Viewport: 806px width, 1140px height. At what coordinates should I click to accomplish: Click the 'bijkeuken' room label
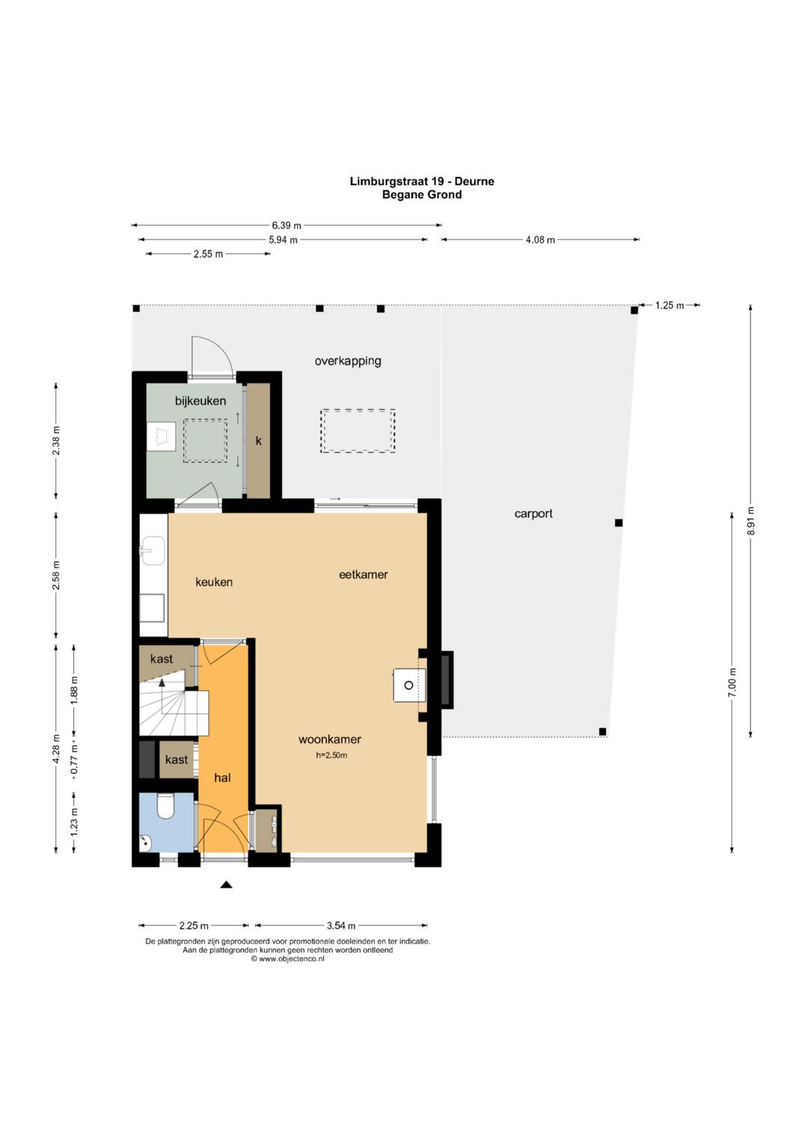[201, 401]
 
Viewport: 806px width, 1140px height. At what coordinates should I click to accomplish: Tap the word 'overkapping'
[348, 361]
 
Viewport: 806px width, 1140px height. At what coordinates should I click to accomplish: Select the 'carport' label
[534, 514]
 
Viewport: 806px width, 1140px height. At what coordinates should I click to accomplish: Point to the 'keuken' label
[214, 582]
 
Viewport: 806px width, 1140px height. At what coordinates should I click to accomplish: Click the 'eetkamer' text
[363, 575]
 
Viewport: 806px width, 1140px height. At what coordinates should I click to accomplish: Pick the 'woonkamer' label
[330, 740]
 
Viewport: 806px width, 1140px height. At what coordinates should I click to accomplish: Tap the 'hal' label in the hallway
[222, 778]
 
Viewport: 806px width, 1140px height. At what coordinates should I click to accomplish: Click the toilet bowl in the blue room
[166, 806]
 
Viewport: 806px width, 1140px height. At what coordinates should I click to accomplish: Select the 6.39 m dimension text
[287, 225]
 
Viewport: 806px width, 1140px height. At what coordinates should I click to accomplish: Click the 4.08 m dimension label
[540, 240]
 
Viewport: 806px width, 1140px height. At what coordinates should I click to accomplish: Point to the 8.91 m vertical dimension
[752, 521]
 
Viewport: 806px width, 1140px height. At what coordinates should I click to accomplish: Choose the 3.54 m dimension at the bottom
[341, 926]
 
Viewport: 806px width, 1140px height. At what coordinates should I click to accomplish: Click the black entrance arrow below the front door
[226, 885]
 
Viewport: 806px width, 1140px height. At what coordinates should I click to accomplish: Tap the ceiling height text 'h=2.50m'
[331, 756]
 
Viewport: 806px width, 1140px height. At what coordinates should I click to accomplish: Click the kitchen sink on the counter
[153, 551]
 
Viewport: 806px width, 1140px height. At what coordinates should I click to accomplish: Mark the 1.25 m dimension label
[669, 305]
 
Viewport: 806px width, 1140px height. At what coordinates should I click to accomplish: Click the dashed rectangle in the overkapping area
[357, 431]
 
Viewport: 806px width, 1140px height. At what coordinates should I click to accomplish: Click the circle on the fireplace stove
[409, 685]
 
